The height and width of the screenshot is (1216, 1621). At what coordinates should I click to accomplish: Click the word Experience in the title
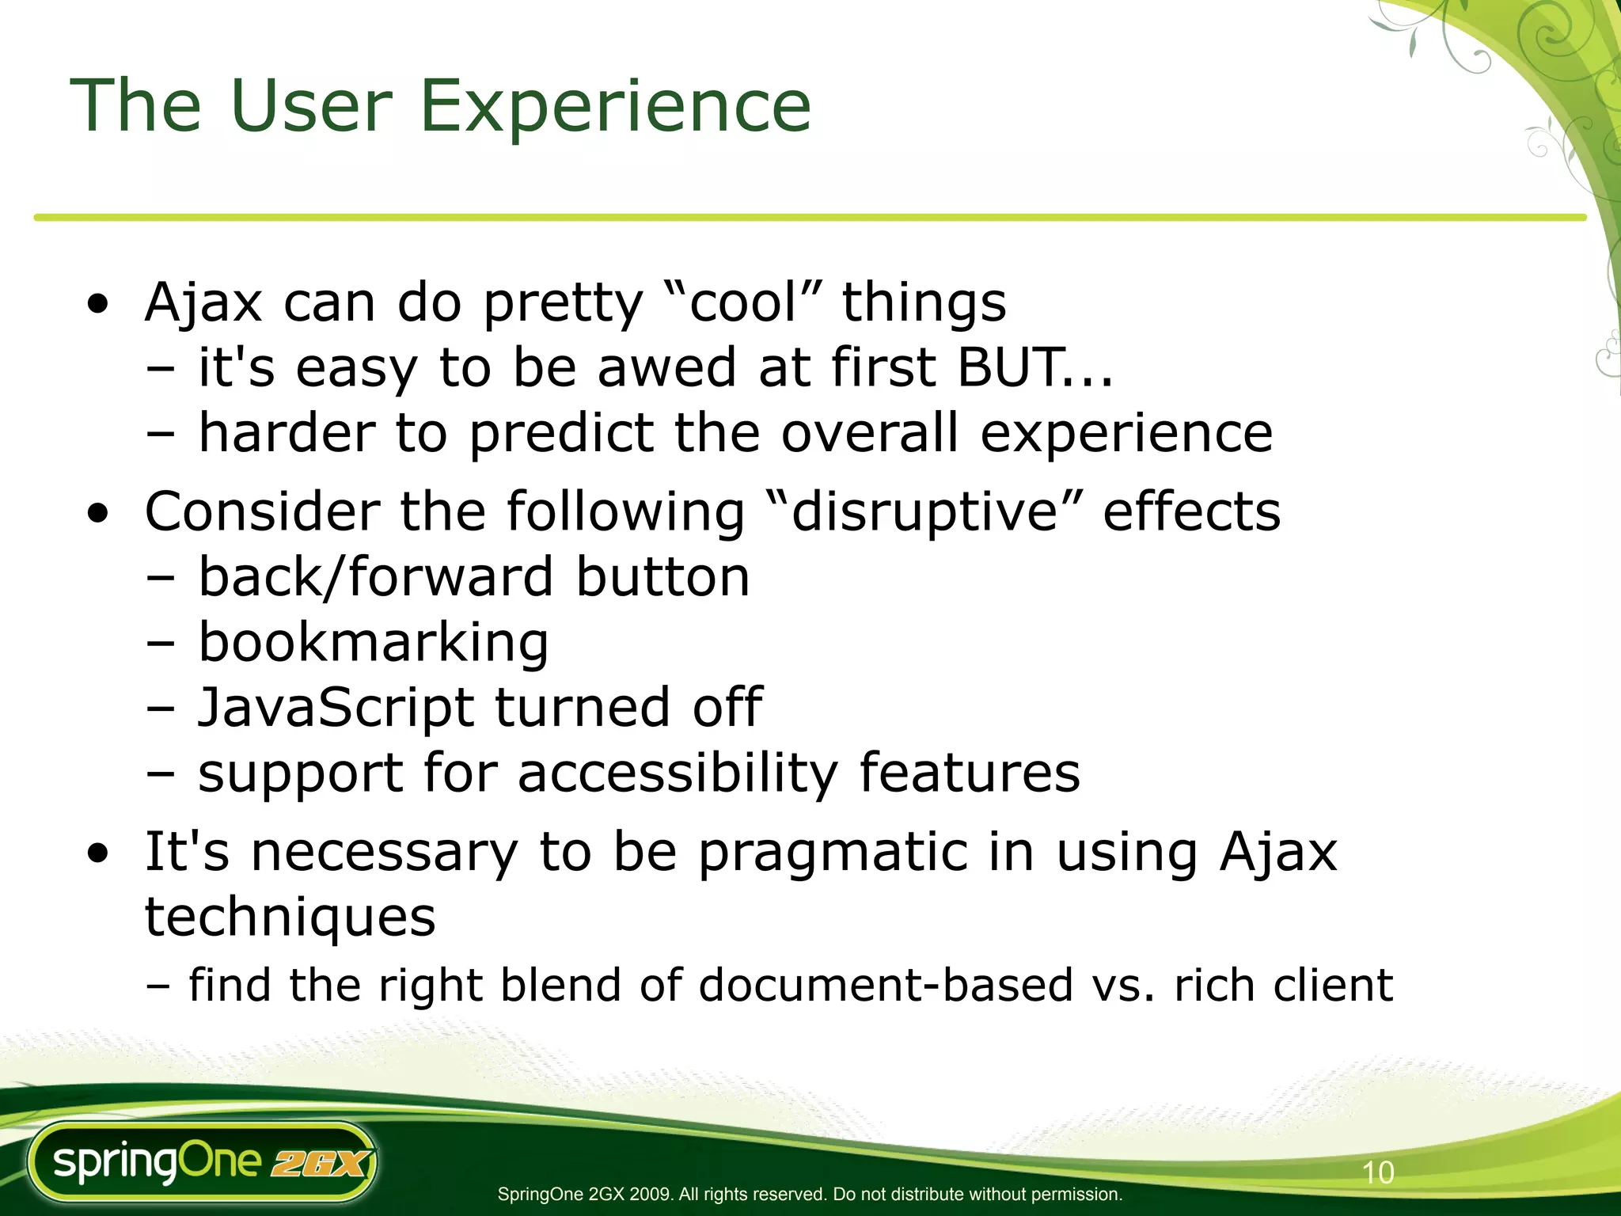tap(614, 107)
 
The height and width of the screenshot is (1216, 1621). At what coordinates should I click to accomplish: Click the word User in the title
tap(310, 107)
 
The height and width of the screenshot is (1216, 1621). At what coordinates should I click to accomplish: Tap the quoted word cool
tap(742, 303)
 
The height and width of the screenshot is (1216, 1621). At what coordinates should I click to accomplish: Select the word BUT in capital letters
tap(1007, 368)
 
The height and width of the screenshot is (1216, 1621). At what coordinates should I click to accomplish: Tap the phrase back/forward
tap(375, 577)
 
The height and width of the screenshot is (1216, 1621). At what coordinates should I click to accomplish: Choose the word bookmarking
tap(373, 642)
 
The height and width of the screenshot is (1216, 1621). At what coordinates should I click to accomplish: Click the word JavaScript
tap(336, 707)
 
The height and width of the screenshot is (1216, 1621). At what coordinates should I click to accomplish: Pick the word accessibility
tap(677, 773)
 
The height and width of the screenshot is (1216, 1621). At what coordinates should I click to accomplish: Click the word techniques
tap(290, 918)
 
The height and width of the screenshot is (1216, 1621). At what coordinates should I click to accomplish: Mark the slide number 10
tap(1377, 1172)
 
